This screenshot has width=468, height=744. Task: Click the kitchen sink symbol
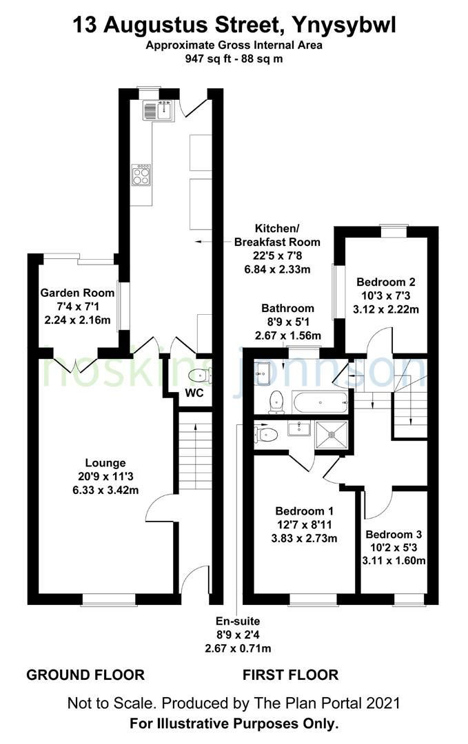tap(161, 110)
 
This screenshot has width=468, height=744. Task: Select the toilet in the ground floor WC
tap(199, 375)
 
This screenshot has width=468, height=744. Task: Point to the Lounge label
tap(105, 463)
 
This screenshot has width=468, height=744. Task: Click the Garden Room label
tap(77, 293)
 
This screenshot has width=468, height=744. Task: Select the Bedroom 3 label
tap(394, 535)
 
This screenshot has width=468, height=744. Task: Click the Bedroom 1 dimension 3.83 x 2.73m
tap(304, 538)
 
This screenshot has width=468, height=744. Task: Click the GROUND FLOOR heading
tap(85, 675)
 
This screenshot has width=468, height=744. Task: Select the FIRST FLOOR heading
tap(290, 675)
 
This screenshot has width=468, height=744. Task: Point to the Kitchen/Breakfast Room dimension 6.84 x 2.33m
tap(277, 268)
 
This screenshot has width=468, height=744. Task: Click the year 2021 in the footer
tap(383, 703)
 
